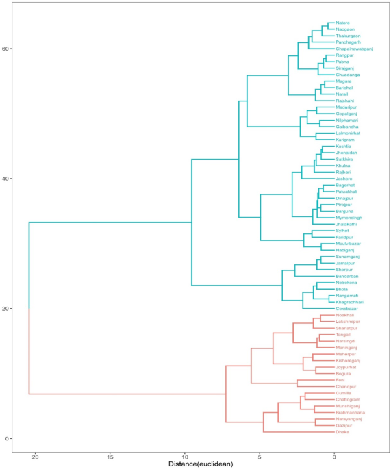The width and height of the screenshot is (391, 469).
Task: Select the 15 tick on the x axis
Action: (110, 455)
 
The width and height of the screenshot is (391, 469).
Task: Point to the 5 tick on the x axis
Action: (260, 455)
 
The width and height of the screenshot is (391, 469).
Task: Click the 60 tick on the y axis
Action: (6, 49)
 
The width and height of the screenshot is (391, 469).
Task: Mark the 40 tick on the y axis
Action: (6, 179)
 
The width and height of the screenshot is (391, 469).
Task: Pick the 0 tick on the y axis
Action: (8, 438)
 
